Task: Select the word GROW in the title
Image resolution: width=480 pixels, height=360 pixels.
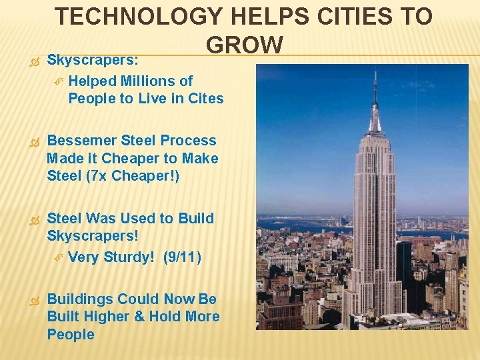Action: tap(245, 45)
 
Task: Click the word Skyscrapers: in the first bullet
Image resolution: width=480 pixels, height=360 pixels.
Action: tap(93, 59)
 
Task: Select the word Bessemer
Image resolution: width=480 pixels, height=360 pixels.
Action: tap(83, 141)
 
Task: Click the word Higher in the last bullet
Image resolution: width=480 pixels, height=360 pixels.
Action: tap(107, 317)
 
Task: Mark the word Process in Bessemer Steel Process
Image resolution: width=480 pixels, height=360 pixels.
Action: tap(189, 141)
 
